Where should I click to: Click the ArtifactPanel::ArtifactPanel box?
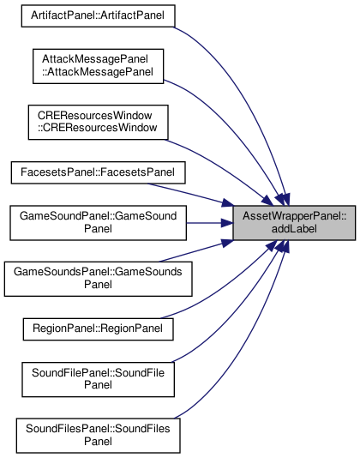(x=98, y=15)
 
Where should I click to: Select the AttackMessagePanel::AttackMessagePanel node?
(x=98, y=66)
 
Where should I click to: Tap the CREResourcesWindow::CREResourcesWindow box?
(x=98, y=123)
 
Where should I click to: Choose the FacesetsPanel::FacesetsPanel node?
(x=98, y=172)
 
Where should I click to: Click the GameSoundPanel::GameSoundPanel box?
(x=98, y=223)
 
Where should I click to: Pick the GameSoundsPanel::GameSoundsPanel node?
(x=98, y=279)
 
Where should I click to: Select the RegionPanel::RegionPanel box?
(x=98, y=329)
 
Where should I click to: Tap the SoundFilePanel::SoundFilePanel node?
(x=98, y=379)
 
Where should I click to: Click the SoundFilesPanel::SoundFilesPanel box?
(x=98, y=436)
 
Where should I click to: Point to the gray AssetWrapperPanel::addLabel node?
(x=294, y=223)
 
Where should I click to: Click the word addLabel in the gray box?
(x=294, y=229)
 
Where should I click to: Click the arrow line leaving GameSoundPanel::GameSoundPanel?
(x=210, y=223)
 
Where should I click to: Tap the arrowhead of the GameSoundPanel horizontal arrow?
(x=227, y=223)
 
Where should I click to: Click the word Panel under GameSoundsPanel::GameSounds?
(x=98, y=285)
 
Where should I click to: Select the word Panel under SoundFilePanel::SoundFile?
(x=98, y=385)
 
